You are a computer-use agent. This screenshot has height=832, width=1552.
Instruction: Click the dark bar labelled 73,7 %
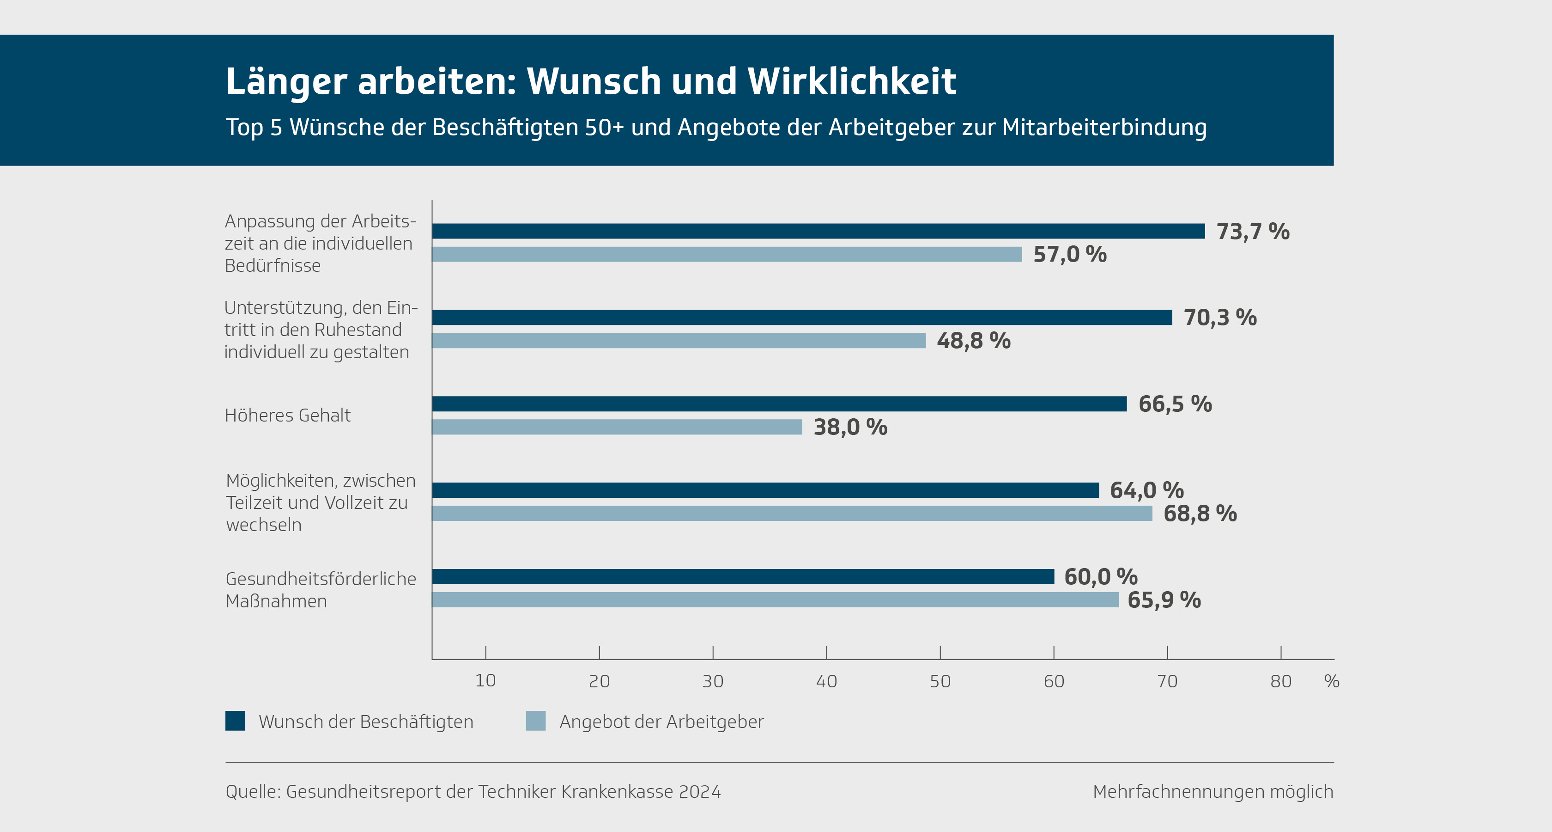point(818,231)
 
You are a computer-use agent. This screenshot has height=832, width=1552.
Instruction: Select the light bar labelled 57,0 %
point(727,254)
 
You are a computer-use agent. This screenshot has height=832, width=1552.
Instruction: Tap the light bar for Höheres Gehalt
point(617,427)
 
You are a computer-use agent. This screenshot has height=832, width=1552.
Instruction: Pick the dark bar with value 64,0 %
point(765,490)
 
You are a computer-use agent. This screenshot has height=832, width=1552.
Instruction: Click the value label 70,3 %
point(1220,318)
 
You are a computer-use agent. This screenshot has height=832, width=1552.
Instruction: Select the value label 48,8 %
point(974,341)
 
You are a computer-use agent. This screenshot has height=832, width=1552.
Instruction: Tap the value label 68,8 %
point(1200,514)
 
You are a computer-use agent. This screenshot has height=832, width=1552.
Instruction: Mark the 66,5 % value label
point(1175,404)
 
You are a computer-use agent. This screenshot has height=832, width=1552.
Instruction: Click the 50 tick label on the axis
point(940,681)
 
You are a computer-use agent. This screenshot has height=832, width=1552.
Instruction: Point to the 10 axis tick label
point(485,681)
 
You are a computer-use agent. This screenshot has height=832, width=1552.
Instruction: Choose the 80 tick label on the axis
point(1281,681)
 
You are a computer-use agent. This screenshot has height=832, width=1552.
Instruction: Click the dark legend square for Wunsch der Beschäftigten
point(235,721)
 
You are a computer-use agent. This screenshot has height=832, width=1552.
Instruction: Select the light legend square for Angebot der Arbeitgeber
point(536,721)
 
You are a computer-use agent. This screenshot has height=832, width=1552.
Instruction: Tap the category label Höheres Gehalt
point(287,416)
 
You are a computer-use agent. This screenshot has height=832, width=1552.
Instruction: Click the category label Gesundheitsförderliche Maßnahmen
point(321,590)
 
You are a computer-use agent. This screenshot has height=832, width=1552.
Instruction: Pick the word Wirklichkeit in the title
point(851,81)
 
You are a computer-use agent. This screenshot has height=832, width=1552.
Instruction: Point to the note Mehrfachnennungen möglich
point(1213,792)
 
